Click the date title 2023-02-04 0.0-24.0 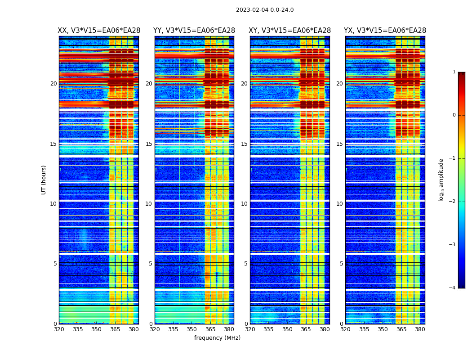point(265,10)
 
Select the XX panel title point(99,31)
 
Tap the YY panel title point(194,31)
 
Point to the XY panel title point(290,31)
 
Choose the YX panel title point(385,31)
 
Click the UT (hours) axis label point(44,180)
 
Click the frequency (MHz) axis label point(217,338)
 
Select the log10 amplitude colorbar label point(441,180)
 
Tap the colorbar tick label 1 point(454,72)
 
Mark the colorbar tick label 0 point(454,115)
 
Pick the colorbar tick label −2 point(453,202)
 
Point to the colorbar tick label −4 point(453,288)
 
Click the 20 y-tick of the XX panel point(53,84)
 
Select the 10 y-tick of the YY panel point(149,204)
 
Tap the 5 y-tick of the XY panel point(246,264)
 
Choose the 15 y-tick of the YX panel point(340,144)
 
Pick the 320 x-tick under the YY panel point(155,329)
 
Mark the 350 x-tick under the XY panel point(287,329)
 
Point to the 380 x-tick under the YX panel point(420,329)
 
